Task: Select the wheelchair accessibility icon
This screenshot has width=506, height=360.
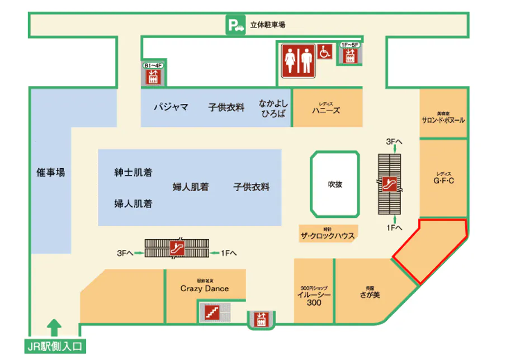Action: point(325,52)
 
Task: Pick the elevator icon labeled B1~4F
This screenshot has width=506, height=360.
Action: point(153,75)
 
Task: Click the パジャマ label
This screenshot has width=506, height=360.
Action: point(171,107)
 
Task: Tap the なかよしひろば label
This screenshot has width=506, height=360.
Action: point(272,108)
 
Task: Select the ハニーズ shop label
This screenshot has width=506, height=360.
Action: point(326,110)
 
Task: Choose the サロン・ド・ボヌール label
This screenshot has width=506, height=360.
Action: point(443,119)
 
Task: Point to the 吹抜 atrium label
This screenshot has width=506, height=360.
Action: point(334,184)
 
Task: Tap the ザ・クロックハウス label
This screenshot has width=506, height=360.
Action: point(328,235)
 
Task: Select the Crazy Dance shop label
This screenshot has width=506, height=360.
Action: point(205,288)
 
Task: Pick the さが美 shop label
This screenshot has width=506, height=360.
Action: point(369,293)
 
